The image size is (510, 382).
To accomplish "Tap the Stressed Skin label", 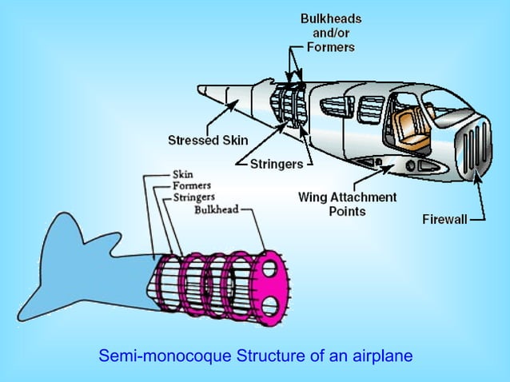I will coord(208,141).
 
